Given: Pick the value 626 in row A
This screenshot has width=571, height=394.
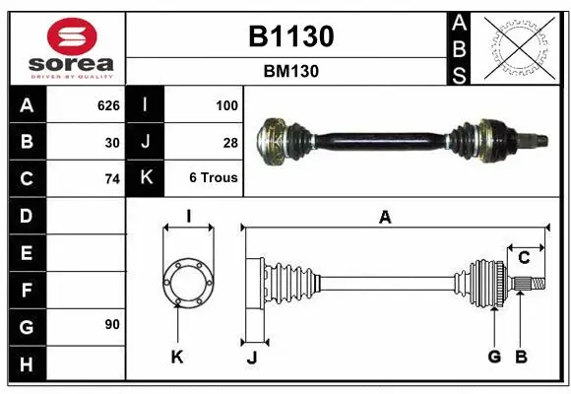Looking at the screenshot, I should pyautogui.click(x=108, y=104).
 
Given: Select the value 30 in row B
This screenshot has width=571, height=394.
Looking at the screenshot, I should pyautogui.click(x=112, y=142).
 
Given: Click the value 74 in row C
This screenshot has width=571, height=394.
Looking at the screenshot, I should pyautogui.click(x=112, y=179).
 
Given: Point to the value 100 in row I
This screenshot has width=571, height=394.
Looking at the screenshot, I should pyautogui.click(x=226, y=104).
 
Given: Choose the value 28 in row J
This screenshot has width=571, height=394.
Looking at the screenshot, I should pyautogui.click(x=230, y=142).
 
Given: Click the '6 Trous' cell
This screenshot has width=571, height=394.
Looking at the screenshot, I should pyautogui.click(x=214, y=179).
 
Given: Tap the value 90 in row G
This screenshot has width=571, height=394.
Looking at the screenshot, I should pyautogui.click(x=112, y=324).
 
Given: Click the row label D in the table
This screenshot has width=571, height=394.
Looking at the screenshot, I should pyautogui.click(x=26, y=215).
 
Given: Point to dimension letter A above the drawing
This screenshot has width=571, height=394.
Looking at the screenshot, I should pyautogui.click(x=385, y=217).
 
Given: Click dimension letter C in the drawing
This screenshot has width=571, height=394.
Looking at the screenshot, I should pyautogui.click(x=525, y=257).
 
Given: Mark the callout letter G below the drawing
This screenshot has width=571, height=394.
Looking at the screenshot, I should pyautogui.click(x=494, y=356).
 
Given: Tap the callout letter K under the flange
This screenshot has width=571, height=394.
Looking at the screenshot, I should pyautogui.click(x=177, y=357).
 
